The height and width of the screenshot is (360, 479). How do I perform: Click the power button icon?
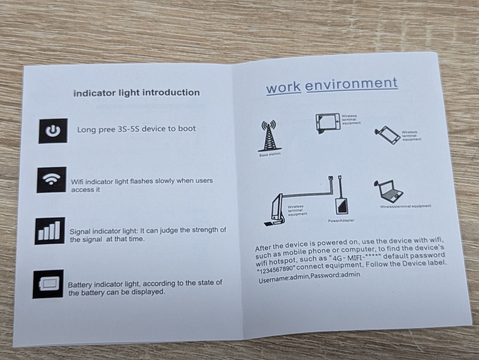click(x=53, y=131)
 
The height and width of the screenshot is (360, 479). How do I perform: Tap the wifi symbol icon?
click(x=52, y=180)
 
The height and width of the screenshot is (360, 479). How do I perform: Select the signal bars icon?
click(x=50, y=231)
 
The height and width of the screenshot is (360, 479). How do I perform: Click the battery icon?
click(x=48, y=284)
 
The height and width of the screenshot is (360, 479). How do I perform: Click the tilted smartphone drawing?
click(x=387, y=135)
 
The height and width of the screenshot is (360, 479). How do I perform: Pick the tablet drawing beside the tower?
click(x=327, y=123)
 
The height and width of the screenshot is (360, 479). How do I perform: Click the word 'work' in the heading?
click(x=283, y=87)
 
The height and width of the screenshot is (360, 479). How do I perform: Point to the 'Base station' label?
click(x=270, y=154)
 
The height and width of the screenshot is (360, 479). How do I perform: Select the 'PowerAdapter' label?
click(x=341, y=221)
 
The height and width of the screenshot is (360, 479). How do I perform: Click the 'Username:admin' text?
click(x=284, y=279)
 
